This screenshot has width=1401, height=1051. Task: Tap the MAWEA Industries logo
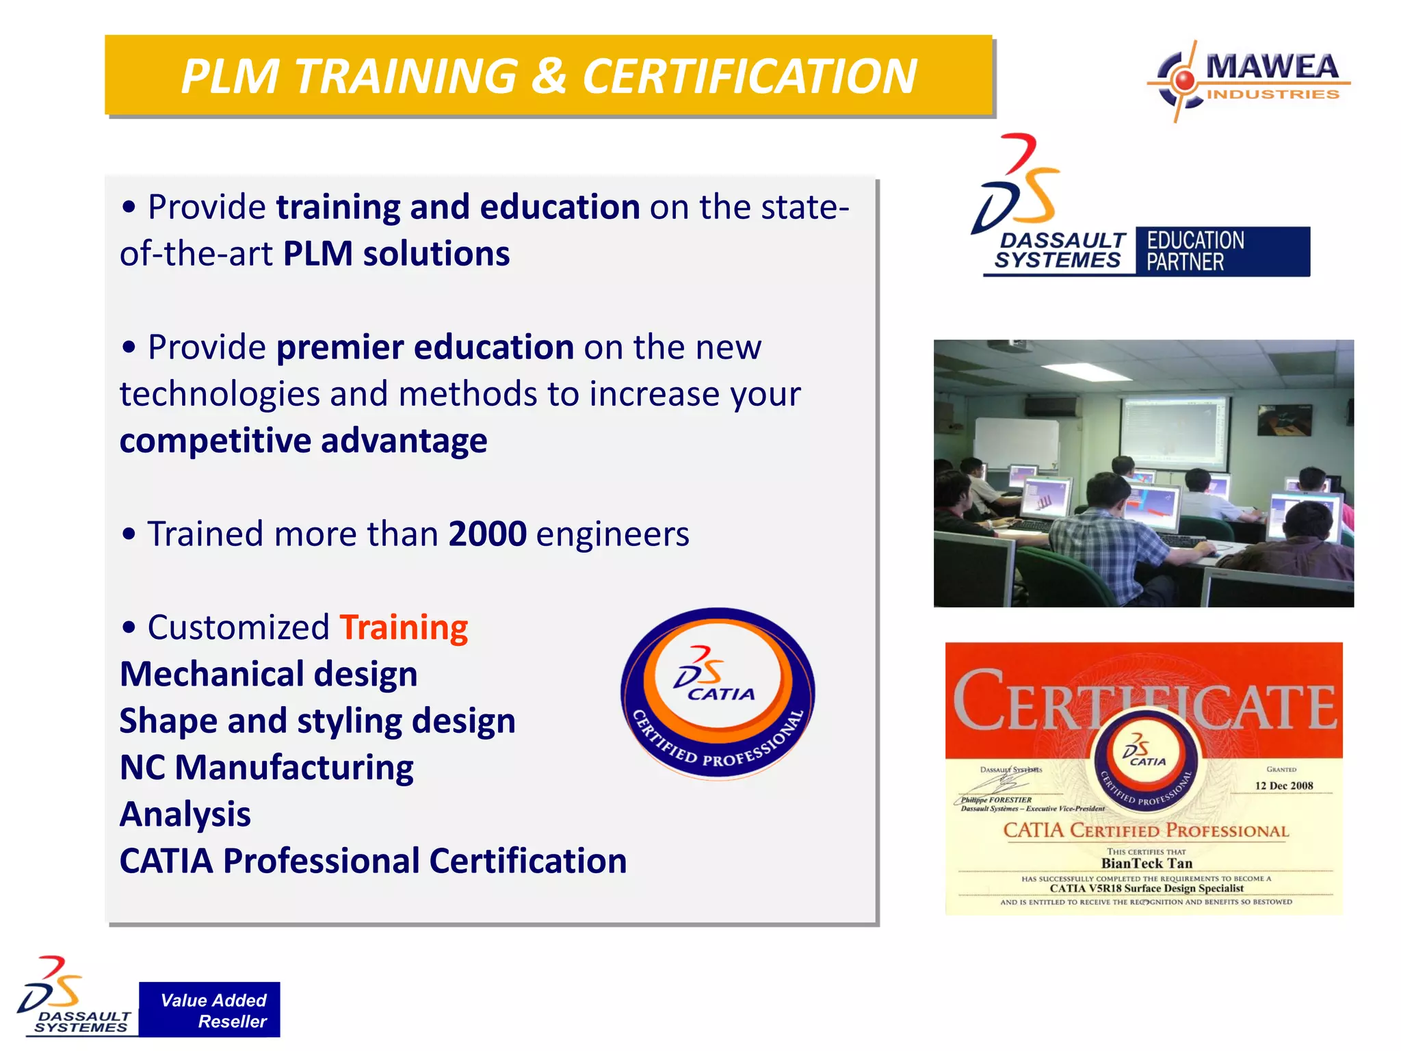point(1249,81)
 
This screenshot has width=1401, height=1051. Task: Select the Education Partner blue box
point(1222,251)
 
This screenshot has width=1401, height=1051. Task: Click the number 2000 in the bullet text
point(487,534)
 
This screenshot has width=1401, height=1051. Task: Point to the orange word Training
point(404,627)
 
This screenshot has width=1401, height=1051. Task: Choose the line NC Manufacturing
point(266,768)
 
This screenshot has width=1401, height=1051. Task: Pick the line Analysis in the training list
point(185,814)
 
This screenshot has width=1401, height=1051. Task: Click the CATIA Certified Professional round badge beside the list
point(718,692)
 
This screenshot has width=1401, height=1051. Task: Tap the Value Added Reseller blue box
point(209,1010)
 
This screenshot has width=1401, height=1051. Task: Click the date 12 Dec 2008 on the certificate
point(1283,786)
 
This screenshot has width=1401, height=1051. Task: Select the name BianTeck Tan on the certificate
point(1147,864)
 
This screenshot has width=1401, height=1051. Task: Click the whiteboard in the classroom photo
point(1016,443)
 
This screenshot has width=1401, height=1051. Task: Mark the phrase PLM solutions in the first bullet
point(396,254)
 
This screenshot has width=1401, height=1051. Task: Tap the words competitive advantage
point(303,441)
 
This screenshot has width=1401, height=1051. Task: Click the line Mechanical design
point(268,674)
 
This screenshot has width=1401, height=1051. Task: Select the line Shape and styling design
point(317,721)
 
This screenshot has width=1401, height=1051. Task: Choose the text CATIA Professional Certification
point(373,861)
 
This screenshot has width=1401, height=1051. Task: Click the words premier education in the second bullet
point(425,348)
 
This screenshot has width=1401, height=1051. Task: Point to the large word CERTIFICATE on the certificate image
point(1144,701)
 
